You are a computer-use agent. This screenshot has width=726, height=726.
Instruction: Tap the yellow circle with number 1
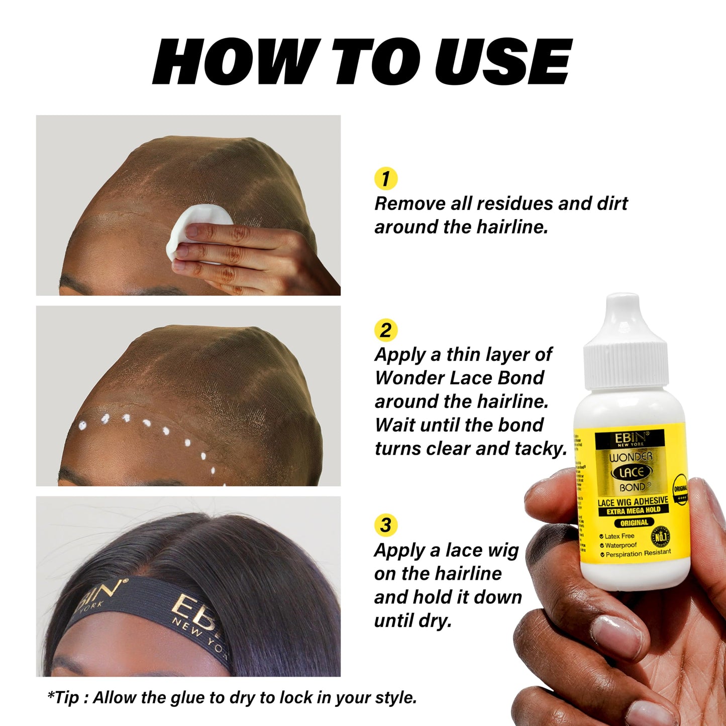[x=386, y=179]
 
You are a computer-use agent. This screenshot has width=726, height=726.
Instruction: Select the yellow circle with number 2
[x=386, y=330]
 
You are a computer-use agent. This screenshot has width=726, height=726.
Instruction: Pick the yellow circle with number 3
[x=386, y=525]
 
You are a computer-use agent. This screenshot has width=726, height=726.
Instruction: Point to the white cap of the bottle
[x=623, y=342]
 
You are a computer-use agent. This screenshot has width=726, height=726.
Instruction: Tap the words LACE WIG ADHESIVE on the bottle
[x=633, y=501]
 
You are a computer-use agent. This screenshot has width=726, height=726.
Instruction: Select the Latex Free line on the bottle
[x=619, y=536]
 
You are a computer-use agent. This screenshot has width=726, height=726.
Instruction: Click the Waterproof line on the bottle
[x=620, y=545]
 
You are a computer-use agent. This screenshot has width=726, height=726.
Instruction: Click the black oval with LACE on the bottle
[x=631, y=472]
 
